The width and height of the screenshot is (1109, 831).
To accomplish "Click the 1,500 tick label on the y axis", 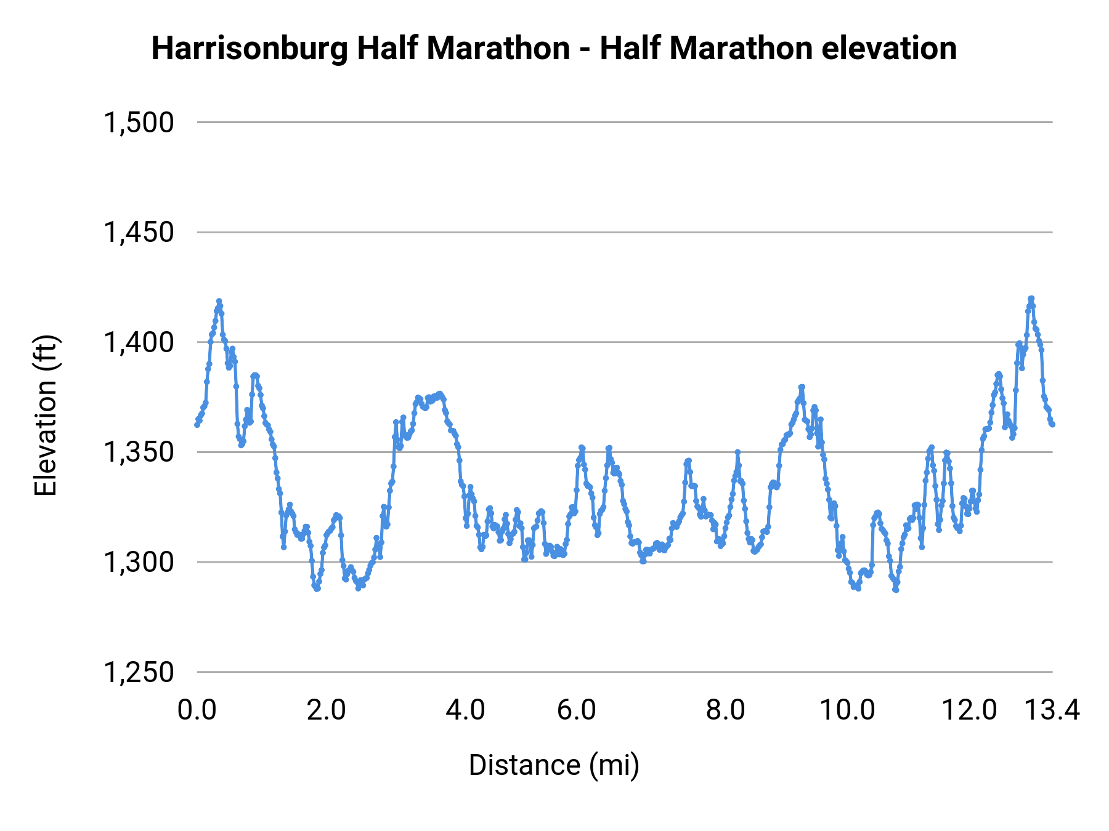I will coord(139,122).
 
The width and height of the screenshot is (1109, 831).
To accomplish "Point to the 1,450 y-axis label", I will coord(139,233).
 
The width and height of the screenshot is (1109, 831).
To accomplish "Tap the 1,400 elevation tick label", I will coord(139,342).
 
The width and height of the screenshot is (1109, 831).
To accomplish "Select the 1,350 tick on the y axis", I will coord(139,452).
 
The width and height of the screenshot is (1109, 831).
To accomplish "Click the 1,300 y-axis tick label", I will coord(139,562).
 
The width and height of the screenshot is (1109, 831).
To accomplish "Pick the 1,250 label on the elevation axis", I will coord(139,672).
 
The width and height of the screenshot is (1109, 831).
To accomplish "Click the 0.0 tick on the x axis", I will coord(197,710).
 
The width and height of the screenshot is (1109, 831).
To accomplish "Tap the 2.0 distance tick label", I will coord(327,710).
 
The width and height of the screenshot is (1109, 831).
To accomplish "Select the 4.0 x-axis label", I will coord(466,710).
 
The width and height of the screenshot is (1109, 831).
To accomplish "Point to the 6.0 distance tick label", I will coord(577,710).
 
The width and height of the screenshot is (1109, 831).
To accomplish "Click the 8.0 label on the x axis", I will coord(725,710).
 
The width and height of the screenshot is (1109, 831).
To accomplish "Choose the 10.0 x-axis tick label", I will coord(847,710).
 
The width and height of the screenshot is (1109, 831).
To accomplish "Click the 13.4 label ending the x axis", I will coord(1052,710).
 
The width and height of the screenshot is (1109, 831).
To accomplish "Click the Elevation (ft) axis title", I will coord(46,415).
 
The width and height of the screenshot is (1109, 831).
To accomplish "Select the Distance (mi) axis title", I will coord(554,765).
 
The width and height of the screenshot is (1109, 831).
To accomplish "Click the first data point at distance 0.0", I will coord(197,425).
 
